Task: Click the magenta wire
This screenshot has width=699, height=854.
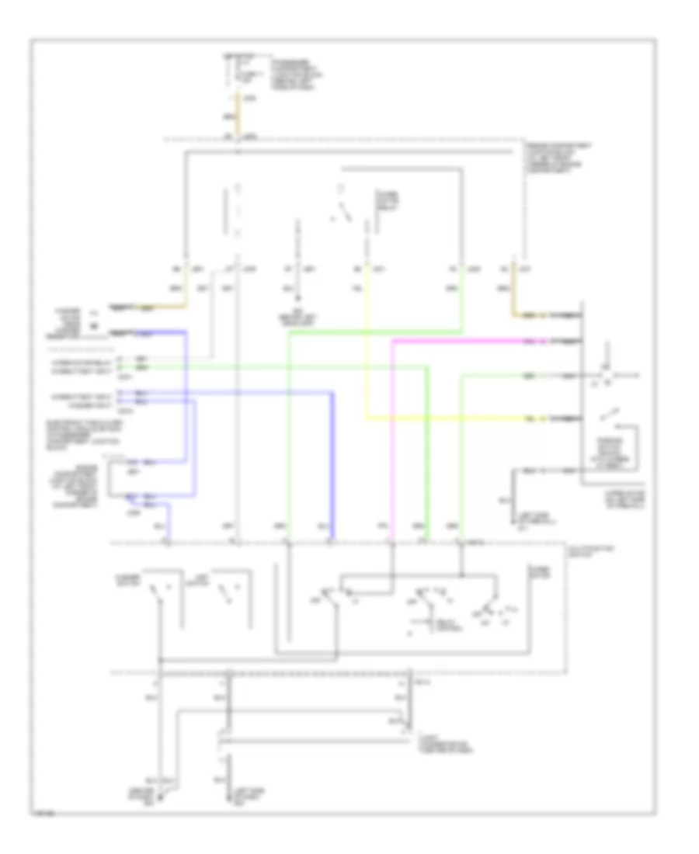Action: [x=393, y=435]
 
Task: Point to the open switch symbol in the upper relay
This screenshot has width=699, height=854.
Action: [x=343, y=210]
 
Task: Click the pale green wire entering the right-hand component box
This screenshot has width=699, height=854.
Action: [x=505, y=377]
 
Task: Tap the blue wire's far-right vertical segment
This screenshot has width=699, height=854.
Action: [x=333, y=458]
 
